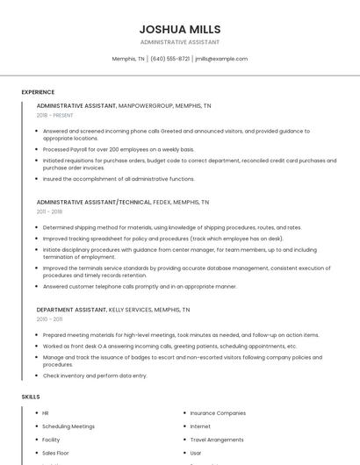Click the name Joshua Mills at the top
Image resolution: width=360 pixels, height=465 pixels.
pyautogui.click(x=180, y=29)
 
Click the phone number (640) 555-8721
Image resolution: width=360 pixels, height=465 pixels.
pyautogui.click(x=169, y=59)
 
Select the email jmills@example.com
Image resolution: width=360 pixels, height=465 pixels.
pyautogui.click(x=221, y=59)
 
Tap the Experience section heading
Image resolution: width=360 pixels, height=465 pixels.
pyautogui.click(x=38, y=92)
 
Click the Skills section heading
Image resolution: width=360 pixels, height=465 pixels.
pyautogui.click(x=31, y=397)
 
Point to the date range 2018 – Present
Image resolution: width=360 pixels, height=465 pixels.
pyautogui.click(x=54, y=115)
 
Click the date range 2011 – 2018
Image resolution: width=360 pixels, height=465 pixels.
pyautogui.click(x=49, y=211)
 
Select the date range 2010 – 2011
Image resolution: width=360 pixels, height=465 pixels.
pyautogui.click(x=49, y=319)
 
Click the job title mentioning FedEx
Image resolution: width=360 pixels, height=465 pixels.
pyautogui.click(x=123, y=202)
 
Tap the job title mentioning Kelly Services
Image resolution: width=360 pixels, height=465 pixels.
pyautogui.click(x=113, y=310)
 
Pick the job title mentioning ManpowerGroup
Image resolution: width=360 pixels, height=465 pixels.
pyautogui.click(x=124, y=105)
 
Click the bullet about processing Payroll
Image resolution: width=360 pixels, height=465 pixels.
pyautogui.click(x=119, y=149)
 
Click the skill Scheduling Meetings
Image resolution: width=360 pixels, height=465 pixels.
pyautogui.click(x=68, y=426)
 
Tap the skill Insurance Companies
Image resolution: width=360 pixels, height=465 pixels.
pyautogui.click(x=218, y=412)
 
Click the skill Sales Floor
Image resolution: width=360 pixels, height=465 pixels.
pyautogui.click(x=57, y=453)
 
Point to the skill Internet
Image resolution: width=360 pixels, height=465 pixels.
pyautogui.click(x=200, y=426)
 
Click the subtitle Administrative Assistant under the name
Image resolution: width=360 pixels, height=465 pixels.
pyautogui.click(x=180, y=42)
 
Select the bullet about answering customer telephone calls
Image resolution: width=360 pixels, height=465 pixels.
pyautogui.click(x=140, y=286)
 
